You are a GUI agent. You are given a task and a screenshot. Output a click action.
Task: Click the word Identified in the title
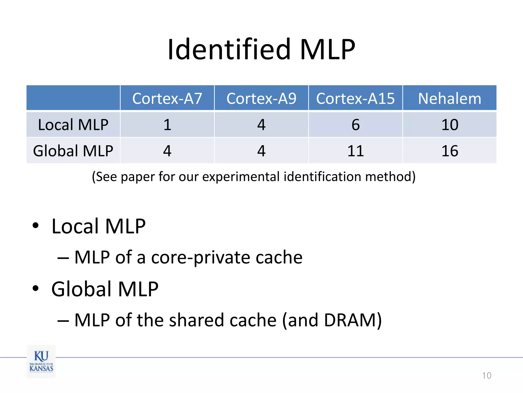(229, 49)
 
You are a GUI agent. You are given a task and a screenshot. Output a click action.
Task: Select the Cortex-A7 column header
(167, 99)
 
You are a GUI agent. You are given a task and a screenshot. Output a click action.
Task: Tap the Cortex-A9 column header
(261, 99)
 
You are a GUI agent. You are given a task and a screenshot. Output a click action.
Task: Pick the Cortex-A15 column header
(355, 99)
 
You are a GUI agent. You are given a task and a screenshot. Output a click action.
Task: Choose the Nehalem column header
(449, 99)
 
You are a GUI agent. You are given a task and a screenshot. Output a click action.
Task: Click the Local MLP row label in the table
(73, 125)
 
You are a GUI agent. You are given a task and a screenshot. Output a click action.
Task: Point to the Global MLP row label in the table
(73, 151)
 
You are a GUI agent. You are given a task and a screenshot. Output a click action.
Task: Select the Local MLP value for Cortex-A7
(167, 125)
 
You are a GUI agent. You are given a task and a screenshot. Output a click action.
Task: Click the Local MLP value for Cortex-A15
(355, 125)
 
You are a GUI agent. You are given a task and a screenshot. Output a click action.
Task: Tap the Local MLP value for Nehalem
(450, 125)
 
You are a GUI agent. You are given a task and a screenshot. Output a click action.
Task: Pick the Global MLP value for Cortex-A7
(167, 151)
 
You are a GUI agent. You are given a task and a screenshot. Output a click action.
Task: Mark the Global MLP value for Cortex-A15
(355, 151)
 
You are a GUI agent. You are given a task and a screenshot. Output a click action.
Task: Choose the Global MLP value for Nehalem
(450, 151)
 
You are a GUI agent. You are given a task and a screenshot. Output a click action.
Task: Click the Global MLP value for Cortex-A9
(261, 151)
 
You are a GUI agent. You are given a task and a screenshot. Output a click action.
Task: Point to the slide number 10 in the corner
(486, 375)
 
